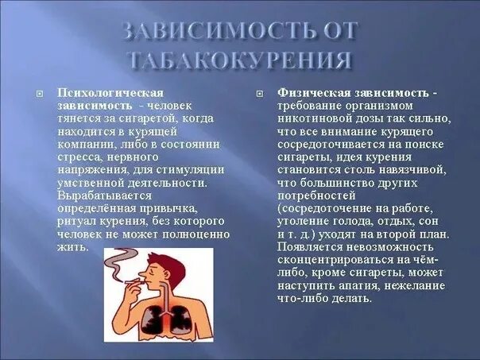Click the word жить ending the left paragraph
(70, 246)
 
